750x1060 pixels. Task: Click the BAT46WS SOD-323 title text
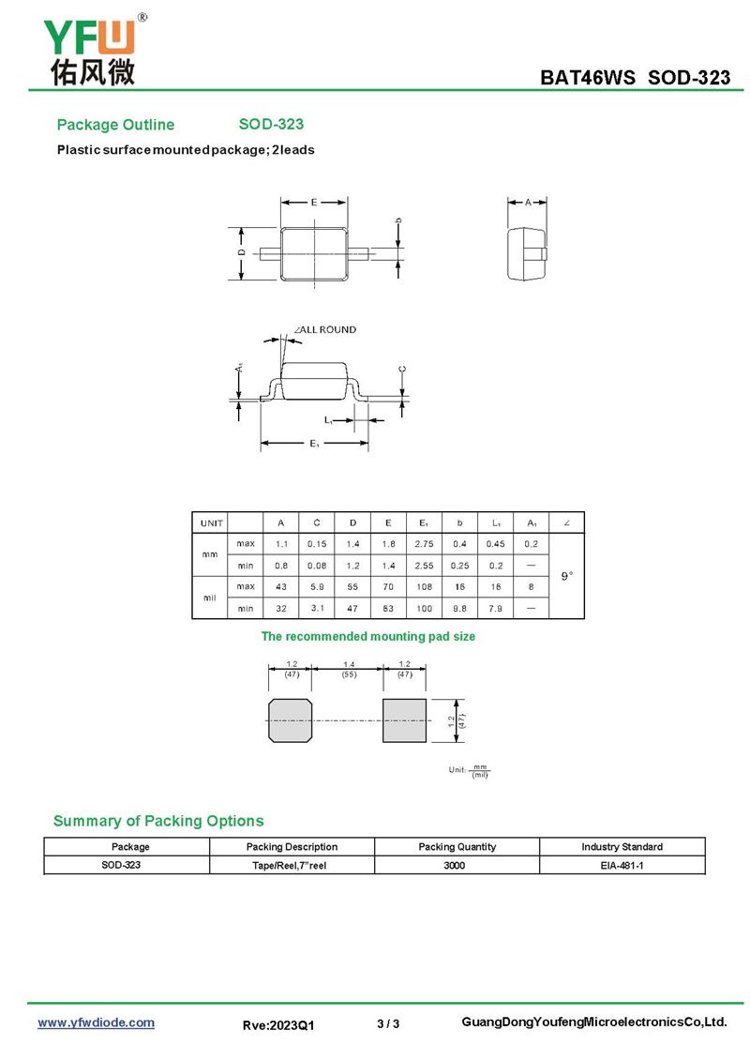[635, 78]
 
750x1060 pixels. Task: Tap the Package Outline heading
[115, 125]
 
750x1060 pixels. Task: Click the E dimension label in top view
[314, 202]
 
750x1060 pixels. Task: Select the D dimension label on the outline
[241, 252]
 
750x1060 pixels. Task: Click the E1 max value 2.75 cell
[424, 543]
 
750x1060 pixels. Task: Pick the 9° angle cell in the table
[567, 575]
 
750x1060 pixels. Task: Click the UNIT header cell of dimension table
[210, 522]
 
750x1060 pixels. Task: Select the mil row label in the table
[210, 597]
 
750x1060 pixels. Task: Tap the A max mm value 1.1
[280, 543]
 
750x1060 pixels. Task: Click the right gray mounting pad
[404, 719]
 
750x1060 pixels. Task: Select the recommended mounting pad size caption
[367, 636]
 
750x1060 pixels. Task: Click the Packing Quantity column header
[457, 846]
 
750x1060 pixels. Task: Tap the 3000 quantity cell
[457, 865]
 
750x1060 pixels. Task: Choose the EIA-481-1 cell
[622, 865]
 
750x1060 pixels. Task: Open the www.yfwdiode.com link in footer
[96, 1022]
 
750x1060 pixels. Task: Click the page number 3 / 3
[388, 1023]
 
